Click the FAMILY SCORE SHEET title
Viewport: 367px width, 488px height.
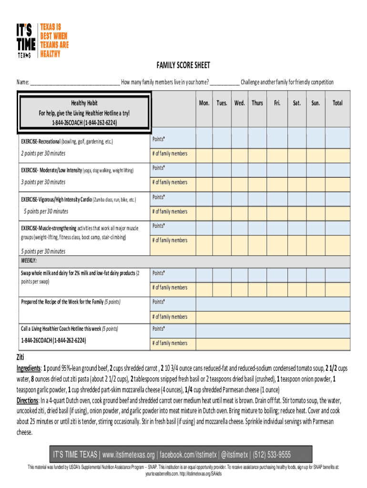pyautogui.click(x=183, y=65)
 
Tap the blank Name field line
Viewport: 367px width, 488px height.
pyautogui.click(x=74, y=82)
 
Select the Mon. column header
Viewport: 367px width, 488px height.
pyautogui.click(x=204, y=103)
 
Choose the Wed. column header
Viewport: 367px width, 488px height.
pyautogui.click(x=239, y=103)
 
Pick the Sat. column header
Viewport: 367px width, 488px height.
pyautogui.click(x=296, y=103)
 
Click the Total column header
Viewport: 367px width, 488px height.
pyautogui.click(x=337, y=103)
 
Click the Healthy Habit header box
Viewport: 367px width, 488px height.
pyautogui.click(x=84, y=113)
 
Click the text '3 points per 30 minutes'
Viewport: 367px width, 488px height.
pyautogui.click(x=43, y=182)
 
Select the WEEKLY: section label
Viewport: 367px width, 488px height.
pyautogui.click(x=29, y=261)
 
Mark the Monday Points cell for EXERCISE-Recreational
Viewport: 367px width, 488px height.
pyautogui.click(x=204, y=140)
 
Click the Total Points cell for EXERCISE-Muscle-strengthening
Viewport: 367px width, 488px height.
pyautogui.click(x=337, y=226)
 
